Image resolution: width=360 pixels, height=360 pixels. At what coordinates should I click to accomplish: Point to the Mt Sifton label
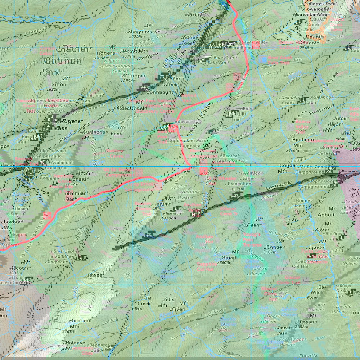60,81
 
